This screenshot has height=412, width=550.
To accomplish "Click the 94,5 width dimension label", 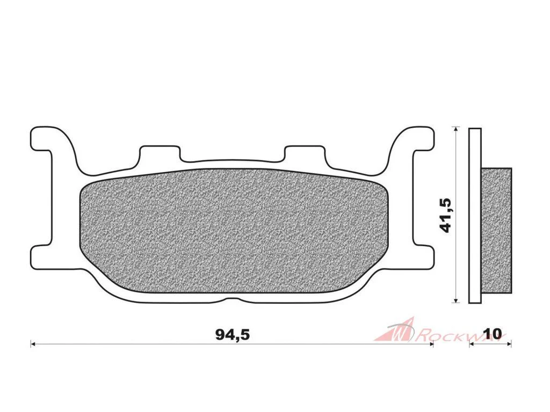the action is tap(232, 335).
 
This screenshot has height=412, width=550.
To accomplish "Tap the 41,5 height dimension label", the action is tap(446, 215).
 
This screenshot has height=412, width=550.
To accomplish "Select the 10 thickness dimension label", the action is tap(492, 333).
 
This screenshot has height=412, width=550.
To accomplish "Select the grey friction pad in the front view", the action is tap(234, 231).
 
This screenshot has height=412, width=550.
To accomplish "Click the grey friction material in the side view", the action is tap(496, 230).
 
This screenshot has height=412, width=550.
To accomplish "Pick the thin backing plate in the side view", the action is tap(475, 216).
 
